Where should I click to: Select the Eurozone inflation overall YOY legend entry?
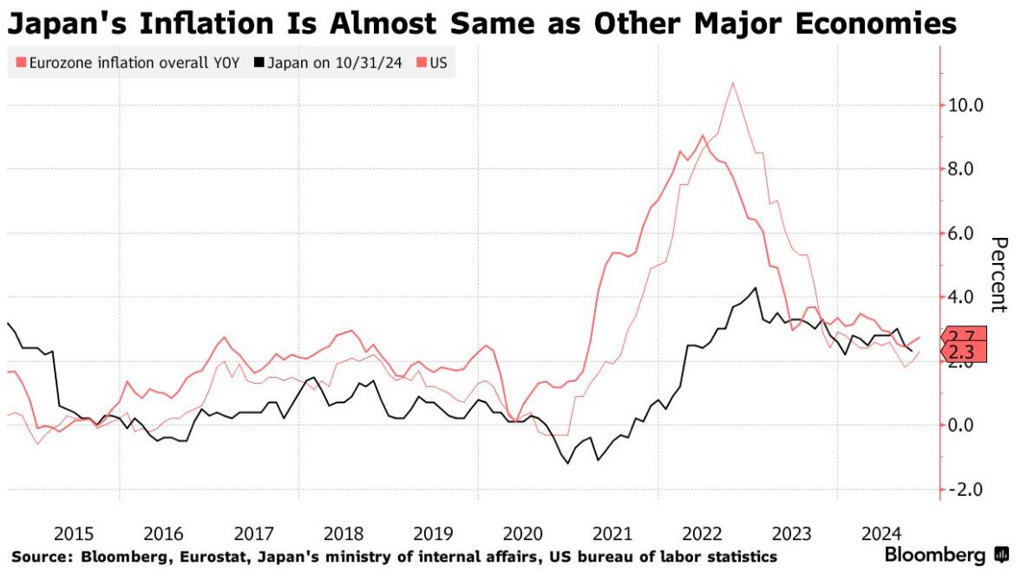pyautogui.click(x=128, y=63)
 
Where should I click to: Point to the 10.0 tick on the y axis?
pyautogui.click(x=966, y=105)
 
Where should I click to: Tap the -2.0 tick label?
pyautogui.click(x=966, y=489)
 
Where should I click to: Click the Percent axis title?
pyautogui.click(x=998, y=274)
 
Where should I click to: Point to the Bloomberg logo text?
pyautogui.click(x=935, y=555)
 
